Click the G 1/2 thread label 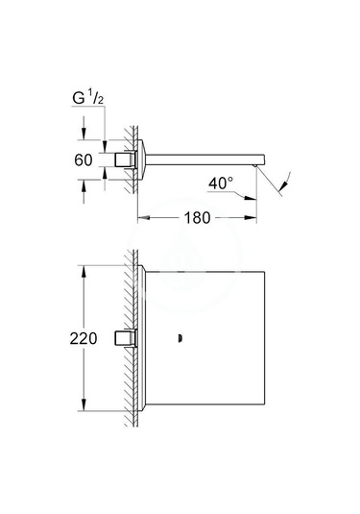(x=88, y=98)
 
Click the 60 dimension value (x=84, y=160)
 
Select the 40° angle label (x=221, y=184)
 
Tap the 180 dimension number (x=197, y=218)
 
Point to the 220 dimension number (x=84, y=338)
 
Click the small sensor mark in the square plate (x=180, y=338)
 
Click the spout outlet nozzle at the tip (x=254, y=166)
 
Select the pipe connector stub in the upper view (x=125, y=160)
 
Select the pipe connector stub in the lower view (x=125, y=338)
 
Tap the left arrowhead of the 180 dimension (x=143, y=218)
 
